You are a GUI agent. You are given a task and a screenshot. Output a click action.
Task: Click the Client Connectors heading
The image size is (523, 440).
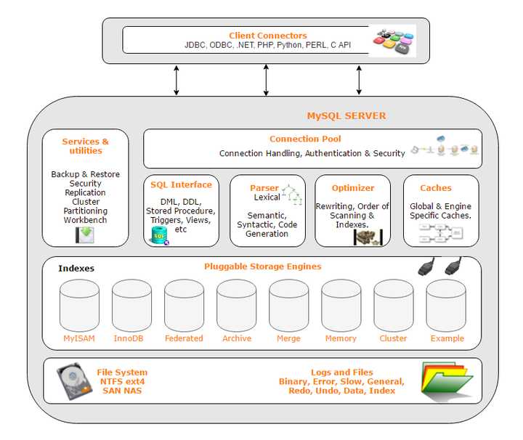click(x=268, y=36)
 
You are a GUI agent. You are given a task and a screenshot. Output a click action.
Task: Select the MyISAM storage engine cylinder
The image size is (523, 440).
click(x=79, y=306)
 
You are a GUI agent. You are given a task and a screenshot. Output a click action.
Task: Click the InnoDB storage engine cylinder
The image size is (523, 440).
click(x=131, y=306)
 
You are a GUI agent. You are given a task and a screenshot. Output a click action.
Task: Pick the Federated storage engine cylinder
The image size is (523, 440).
click(x=184, y=306)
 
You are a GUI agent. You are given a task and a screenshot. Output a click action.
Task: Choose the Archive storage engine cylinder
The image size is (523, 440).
click(x=236, y=306)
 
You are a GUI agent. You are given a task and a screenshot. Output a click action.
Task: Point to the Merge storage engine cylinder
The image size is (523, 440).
click(x=288, y=306)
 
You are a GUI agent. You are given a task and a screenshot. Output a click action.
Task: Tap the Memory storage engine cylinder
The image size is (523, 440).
click(x=341, y=306)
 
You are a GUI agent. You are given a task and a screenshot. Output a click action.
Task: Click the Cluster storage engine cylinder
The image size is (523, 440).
click(x=393, y=306)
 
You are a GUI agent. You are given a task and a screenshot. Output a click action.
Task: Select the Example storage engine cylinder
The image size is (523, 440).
click(x=446, y=306)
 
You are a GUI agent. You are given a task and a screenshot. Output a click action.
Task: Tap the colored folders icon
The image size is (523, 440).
click(x=445, y=380)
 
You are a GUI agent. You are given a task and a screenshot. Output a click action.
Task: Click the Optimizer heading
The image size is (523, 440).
click(x=353, y=187)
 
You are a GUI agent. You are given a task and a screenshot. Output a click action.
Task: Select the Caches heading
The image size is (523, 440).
click(x=436, y=187)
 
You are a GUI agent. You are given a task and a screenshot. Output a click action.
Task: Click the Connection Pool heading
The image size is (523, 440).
click(x=305, y=139)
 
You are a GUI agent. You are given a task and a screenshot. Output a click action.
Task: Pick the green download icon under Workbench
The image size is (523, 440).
click(x=85, y=235)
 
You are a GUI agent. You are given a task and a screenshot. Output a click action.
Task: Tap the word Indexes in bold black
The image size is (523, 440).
click(x=76, y=268)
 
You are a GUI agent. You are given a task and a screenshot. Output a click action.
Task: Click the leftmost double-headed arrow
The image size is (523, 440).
click(x=177, y=80)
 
